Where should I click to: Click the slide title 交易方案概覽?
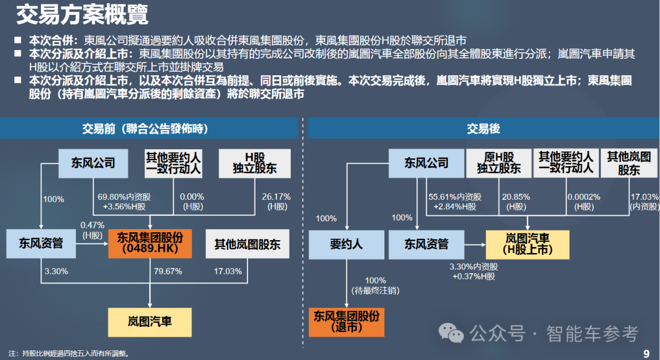click(x=82, y=15)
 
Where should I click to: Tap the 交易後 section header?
click(x=483, y=128)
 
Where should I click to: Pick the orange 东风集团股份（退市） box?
click(x=346, y=321)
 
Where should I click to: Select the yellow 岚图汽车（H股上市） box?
click(x=527, y=243)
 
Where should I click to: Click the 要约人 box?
click(x=346, y=244)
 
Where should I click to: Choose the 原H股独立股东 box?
click(x=499, y=163)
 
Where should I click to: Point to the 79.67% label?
click(x=168, y=271)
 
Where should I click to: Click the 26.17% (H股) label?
click(x=276, y=201)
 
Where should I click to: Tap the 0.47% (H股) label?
click(x=92, y=230)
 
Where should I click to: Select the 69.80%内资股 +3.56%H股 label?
click(x=124, y=201)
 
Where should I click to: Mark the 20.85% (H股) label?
click(x=516, y=202)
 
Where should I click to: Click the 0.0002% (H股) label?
click(x=584, y=202)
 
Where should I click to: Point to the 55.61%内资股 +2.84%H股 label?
click(x=455, y=202)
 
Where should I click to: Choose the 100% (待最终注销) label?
click(x=375, y=285)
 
